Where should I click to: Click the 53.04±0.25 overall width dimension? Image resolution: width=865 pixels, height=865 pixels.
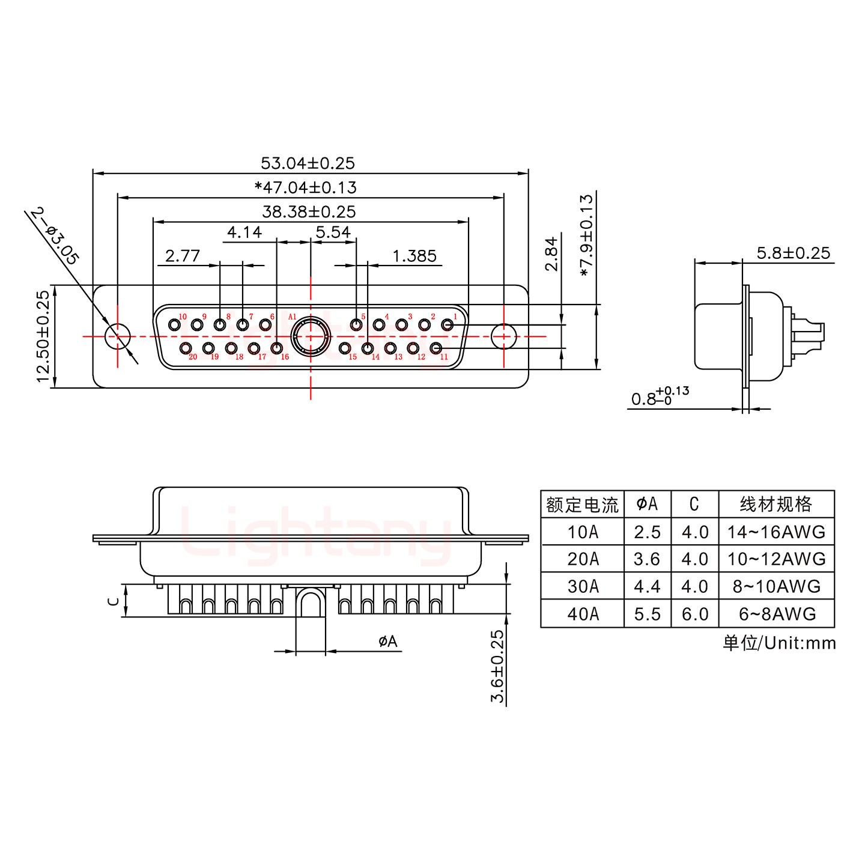pos(308,163)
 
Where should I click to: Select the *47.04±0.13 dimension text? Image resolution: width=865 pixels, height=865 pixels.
pos(306,187)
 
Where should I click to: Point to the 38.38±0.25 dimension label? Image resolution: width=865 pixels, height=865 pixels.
pos(309,211)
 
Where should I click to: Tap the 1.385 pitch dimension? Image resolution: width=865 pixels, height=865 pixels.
pos(414,256)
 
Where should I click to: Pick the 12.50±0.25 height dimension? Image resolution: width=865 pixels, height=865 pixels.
pos(43,336)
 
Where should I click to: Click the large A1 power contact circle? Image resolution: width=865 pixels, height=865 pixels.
pos(310,336)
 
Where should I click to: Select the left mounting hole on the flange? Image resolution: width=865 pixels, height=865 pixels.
pos(118,336)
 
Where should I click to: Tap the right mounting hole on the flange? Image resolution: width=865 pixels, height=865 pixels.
pos(504,336)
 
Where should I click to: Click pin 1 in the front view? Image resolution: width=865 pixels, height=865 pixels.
pos(447,325)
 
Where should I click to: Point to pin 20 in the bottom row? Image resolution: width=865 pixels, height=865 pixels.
pos(186,348)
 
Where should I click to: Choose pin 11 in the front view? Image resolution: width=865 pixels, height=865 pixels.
pos(437,348)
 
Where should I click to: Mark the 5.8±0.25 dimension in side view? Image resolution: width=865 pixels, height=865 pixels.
pos(793,253)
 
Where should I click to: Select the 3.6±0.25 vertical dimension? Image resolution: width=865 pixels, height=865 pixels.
pos(498,667)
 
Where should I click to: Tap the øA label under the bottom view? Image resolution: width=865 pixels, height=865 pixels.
pos(388,642)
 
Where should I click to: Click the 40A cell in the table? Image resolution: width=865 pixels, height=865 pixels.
pos(582,614)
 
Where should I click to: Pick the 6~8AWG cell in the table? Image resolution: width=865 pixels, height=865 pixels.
pos(776,614)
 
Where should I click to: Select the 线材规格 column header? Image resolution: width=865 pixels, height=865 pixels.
pos(776,504)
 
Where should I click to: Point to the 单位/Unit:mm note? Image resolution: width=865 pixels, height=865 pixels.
pos(779,643)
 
